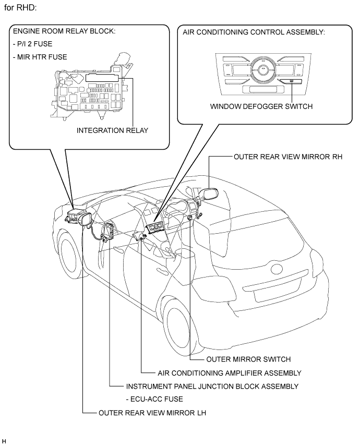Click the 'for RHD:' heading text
pyautogui.click(x=20, y=8)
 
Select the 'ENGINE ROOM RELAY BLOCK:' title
pyautogui.click(x=64, y=31)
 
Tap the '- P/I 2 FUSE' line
pyautogui.click(x=32, y=44)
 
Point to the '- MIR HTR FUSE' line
pyautogui.click(x=40, y=57)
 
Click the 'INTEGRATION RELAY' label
pyautogui.click(x=112, y=130)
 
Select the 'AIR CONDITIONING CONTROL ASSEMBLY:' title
pyautogui.click(x=254, y=32)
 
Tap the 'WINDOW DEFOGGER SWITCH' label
pyautogui.click(x=261, y=106)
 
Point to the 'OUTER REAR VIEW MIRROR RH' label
pyautogui.click(x=288, y=156)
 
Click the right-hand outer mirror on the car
pyautogui.click(x=210, y=195)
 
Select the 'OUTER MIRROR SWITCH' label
pyautogui.click(x=248, y=359)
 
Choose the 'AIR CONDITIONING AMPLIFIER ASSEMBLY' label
pyautogui.click(x=230, y=373)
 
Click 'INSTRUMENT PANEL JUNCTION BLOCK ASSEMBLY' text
pyautogui.click(x=212, y=387)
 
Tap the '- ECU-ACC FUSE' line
pyautogui.click(x=154, y=399)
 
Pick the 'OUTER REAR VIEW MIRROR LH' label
pyautogui.click(x=152, y=413)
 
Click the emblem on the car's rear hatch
pyautogui.click(x=277, y=269)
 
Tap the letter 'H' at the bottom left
pyautogui.click(x=4, y=441)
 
